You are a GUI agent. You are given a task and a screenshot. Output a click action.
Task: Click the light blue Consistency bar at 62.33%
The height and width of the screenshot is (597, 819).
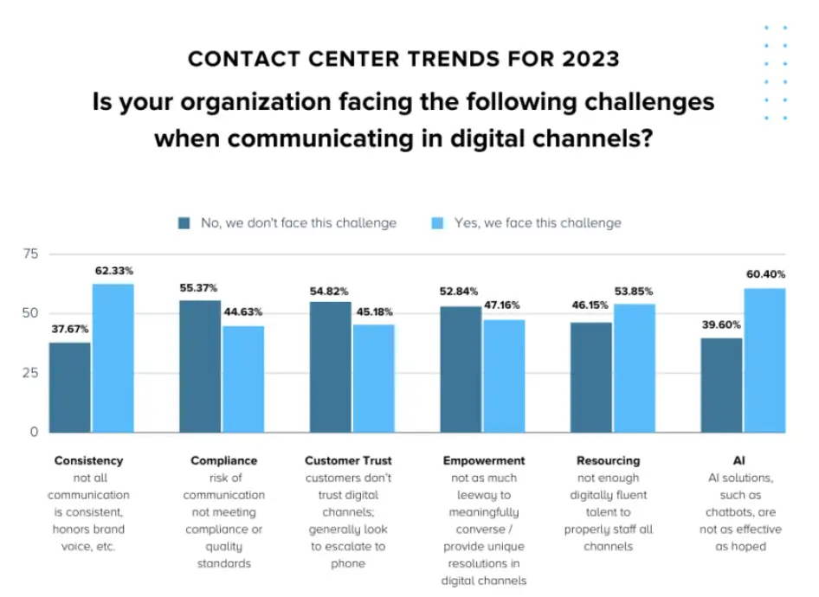[x=113, y=357]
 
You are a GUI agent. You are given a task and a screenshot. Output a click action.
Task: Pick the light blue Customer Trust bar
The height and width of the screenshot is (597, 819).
[x=373, y=378]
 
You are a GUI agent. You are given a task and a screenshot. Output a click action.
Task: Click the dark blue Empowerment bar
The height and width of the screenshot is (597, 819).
[x=461, y=369]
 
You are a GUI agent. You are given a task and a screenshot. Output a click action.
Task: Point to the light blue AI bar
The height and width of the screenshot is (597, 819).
[x=765, y=360]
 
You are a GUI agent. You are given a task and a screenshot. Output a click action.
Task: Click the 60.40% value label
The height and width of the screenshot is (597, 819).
[x=764, y=274]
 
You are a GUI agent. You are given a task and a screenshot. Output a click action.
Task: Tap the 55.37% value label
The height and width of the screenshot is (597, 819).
[x=198, y=287]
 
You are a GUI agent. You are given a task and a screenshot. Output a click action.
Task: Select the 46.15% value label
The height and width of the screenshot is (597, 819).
[x=589, y=309]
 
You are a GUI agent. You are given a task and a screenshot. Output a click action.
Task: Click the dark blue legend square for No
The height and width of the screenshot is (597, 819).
[x=184, y=223]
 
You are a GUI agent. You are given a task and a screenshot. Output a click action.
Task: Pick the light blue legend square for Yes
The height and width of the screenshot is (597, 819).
[x=438, y=223]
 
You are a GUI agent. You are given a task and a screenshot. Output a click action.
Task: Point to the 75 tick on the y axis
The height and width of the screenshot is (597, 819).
[x=31, y=254]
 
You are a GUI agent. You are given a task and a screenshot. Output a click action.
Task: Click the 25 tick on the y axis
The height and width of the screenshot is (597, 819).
[x=31, y=373]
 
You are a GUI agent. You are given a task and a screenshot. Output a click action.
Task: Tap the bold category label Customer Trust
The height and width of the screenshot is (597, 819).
[x=349, y=460]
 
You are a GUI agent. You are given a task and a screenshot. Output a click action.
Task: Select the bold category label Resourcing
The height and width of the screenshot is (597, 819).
[x=608, y=460]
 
